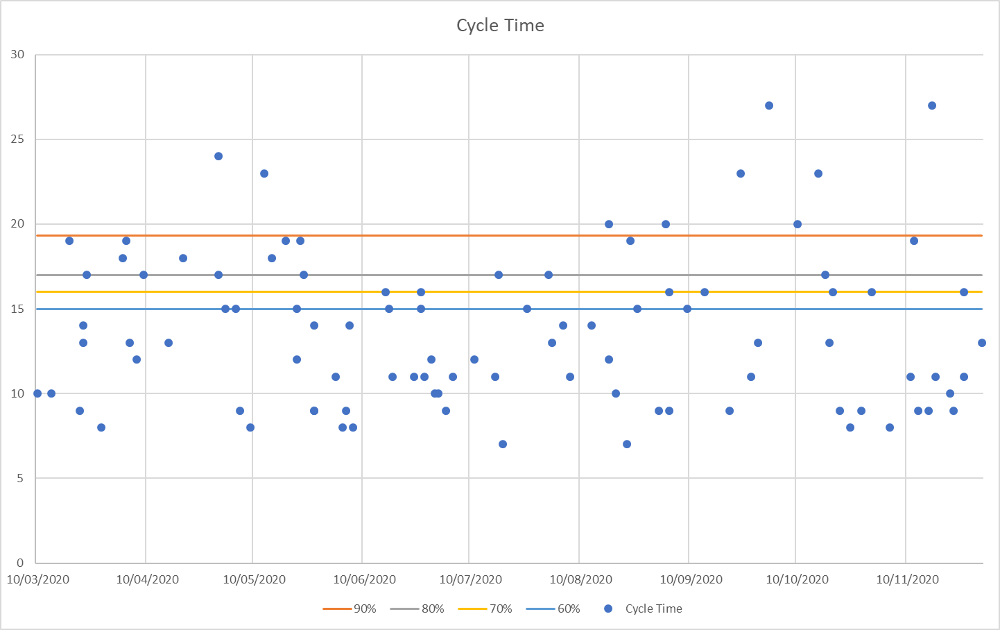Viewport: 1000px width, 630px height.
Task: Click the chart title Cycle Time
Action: tap(500, 26)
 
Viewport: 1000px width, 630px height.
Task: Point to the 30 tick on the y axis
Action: tap(17, 55)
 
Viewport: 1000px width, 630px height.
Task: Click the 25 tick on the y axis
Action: tap(17, 139)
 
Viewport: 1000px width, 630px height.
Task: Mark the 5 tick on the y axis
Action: tap(20, 478)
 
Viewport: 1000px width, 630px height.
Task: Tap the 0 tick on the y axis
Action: tap(20, 563)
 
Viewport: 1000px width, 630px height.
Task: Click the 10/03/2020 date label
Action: tap(37, 580)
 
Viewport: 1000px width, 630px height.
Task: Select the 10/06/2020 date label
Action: tap(364, 580)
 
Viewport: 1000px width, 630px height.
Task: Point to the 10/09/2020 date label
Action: tap(691, 580)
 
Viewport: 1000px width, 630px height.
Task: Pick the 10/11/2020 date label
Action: tap(907, 580)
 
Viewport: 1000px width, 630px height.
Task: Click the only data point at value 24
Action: tap(218, 156)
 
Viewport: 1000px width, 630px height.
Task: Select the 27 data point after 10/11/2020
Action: tap(932, 105)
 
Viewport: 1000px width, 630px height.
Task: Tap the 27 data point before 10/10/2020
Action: tap(769, 105)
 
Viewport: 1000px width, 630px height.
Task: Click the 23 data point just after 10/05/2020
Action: tap(264, 173)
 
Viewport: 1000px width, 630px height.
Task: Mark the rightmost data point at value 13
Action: tap(982, 343)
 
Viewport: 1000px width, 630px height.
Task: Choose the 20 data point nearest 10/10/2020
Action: tap(798, 224)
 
